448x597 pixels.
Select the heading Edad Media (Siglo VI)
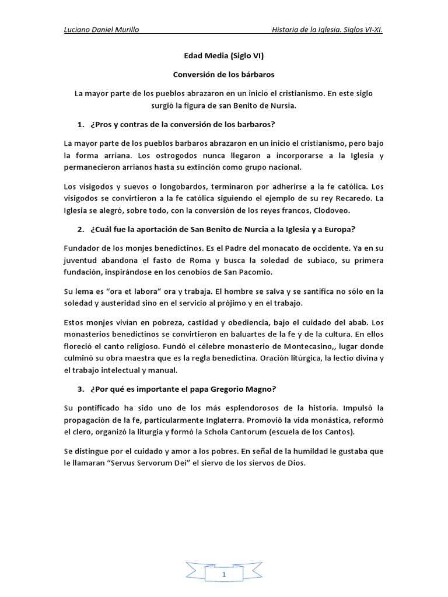click(223, 57)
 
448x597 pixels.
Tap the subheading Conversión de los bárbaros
click(224, 75)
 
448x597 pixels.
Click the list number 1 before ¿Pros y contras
click(80, 125)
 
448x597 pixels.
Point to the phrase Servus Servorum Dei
click(127, 463)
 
